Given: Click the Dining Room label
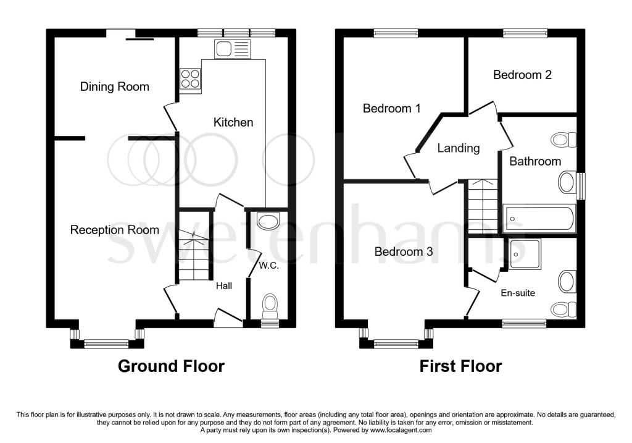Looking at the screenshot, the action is [x=115, y=86].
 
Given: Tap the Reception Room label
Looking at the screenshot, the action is [x=115, y=230].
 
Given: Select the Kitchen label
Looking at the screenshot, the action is [x=233, y=122].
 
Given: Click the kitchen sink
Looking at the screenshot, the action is [x=233, y=49].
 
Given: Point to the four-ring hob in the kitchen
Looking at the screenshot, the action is [x=190, y=78].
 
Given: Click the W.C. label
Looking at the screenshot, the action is [x=269, y=266].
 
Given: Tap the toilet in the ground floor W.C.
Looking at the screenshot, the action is [x=270, y=306].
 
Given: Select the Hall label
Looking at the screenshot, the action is [x=224, y=286].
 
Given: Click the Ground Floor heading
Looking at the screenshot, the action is [x=172, y=366].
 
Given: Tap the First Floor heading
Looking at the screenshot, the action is [x=460, y=366].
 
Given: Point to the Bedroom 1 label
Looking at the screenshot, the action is [x=392, y=108].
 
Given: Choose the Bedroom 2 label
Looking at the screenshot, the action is [x=522, y=75].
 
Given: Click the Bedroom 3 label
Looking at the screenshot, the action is [x=404, y=251].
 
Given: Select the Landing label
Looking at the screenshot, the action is [x=459, y=148].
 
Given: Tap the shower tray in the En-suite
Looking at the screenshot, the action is [x=525, y=254].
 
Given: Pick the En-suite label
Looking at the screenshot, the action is [x=518, y=293].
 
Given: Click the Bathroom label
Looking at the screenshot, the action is [x=535, y=161].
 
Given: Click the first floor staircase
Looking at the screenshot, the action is [x=483, y=206].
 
